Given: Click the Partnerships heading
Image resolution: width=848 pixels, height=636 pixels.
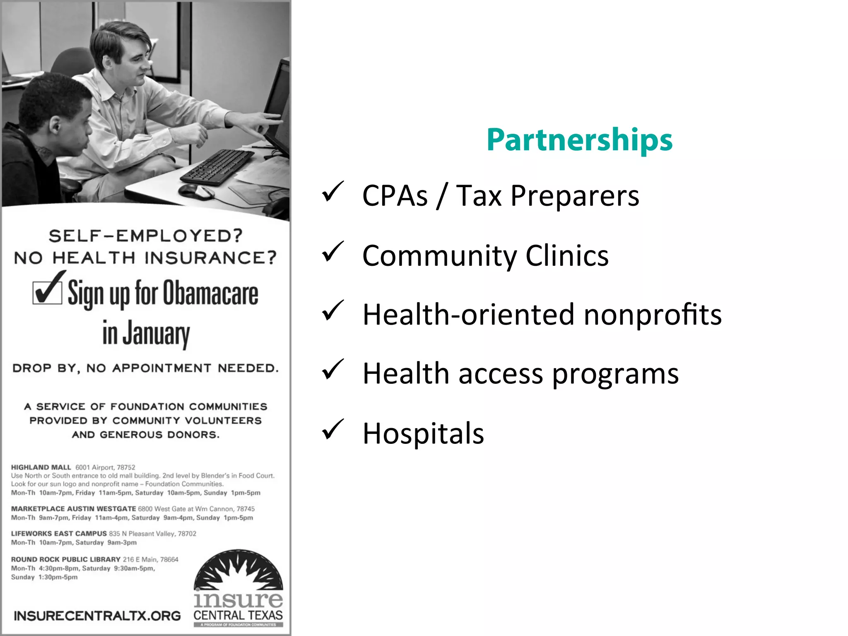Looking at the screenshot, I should click(x=579, y=140).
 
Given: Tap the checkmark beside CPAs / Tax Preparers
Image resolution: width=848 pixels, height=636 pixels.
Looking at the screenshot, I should click(x=332, y=192).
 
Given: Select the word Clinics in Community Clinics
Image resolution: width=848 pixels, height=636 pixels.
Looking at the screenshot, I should click(x=567, y=255).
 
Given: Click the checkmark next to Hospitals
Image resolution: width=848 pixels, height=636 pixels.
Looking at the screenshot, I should click(x=332, y=429).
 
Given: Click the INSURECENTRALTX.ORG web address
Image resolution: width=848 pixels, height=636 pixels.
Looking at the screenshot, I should click(x=97, y=616).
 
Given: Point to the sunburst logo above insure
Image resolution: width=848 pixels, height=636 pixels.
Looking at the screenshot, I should click(x=238, y=570).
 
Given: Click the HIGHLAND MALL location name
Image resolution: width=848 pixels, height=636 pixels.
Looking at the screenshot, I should click(x=41, y=467).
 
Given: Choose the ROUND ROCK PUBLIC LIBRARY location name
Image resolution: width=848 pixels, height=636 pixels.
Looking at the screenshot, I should click(x=65, y=559).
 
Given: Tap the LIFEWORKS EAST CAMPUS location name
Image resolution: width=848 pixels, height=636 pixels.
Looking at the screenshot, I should click(x=59, y=534).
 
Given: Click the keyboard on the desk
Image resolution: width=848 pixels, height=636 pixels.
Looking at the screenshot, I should click(x=217, y=166).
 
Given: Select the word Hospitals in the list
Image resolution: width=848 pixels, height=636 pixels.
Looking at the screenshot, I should click(x=423, y=434).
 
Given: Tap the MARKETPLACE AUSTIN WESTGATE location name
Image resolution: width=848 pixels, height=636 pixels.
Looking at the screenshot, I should click(x=73, y=509).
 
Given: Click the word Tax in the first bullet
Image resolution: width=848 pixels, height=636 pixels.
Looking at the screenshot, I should click(x=479, y=195).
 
